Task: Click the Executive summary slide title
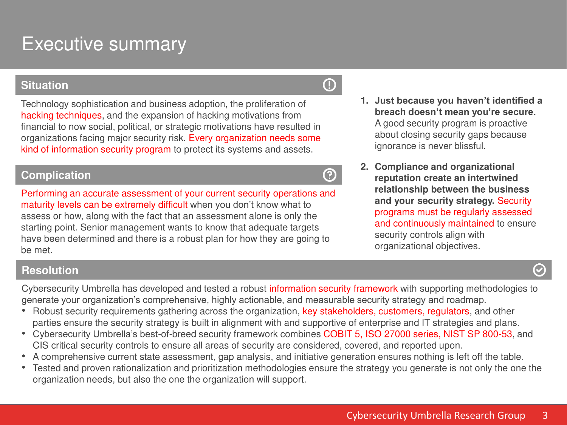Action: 104,44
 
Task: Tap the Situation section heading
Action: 45,85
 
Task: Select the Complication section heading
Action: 56,175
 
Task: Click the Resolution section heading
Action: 50,270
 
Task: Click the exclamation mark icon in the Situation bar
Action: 329,85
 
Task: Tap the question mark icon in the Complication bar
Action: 329,175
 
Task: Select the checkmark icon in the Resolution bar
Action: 539,270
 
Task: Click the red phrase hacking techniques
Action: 61,115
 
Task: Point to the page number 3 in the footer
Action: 545,415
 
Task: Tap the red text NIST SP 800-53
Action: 478,334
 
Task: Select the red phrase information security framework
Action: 333,289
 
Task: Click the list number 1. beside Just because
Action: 364,100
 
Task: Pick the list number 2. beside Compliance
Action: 364,167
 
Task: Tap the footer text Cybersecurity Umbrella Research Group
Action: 436,416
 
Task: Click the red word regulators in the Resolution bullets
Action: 448,311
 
